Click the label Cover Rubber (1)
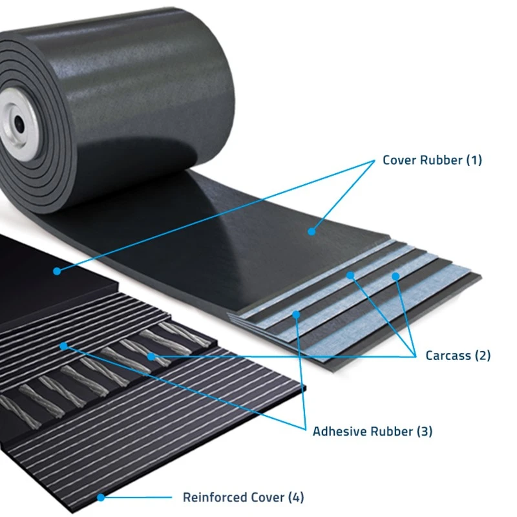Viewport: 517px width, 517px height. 432,160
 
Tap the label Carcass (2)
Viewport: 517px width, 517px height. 458,355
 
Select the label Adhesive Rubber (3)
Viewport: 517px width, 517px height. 373,431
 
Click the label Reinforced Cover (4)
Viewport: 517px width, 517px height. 244,497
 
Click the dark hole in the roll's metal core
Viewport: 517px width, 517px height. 19,124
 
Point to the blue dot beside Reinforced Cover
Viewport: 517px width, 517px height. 101,497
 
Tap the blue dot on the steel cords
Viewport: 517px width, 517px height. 151,357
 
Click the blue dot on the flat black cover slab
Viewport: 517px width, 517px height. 57,271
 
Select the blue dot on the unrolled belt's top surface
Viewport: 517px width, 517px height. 311,232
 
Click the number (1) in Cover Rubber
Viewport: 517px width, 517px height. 474,160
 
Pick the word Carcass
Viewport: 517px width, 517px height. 448,356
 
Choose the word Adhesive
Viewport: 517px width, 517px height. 340,431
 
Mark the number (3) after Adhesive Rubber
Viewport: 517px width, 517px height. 425,431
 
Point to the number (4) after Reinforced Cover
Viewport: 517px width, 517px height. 296,497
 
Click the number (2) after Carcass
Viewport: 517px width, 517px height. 483,355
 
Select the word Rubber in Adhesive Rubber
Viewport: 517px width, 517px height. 392,431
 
